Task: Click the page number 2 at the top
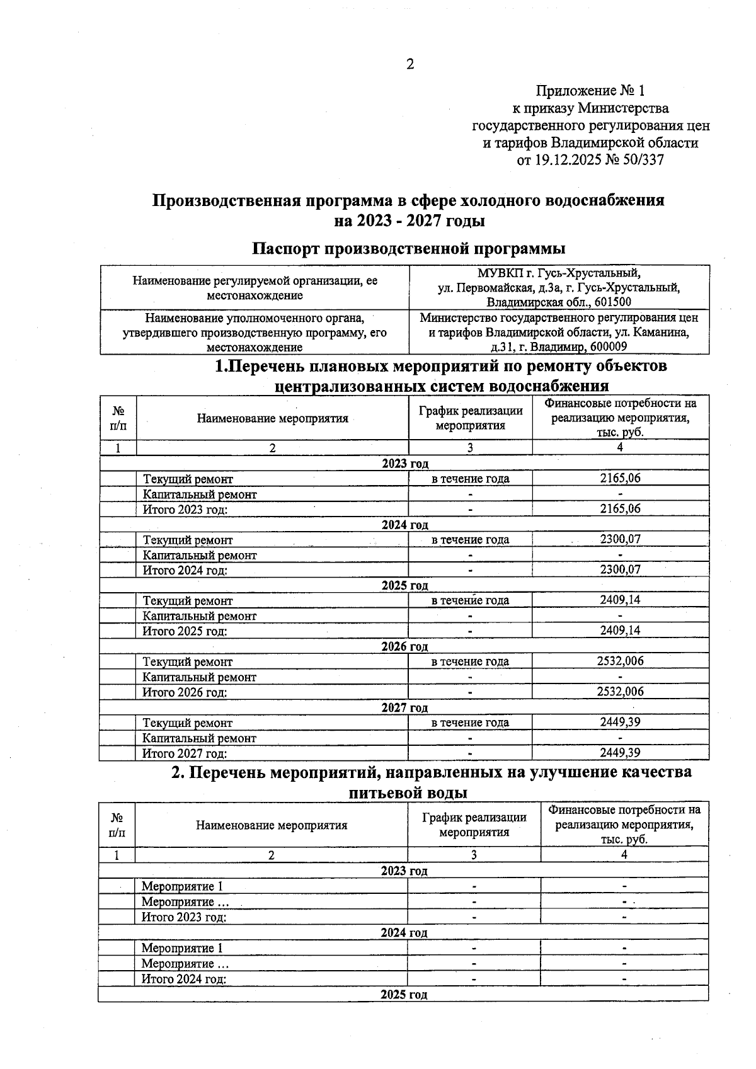pyautogui.click(x=410, y=64)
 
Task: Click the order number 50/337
pyautogui.click(x=642, y=160)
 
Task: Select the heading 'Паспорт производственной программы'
pyautogui.click(x=408, y=248)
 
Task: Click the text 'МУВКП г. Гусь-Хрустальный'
pyautogui.click(x=558, y=273)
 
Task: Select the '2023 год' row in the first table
pyautogui.click(x=405, y=464)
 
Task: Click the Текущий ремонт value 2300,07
pyautogui.click(x=620, y=539)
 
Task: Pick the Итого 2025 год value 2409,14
pyautogui.click(x=620, y=631)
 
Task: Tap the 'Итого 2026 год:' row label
pyautogui.click(x=185, y=692)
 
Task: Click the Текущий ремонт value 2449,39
pyautogui.click(x=620, y=722)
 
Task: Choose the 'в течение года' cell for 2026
pyautogui.click(x=470, y=661)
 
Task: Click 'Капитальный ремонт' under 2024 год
pyautogui.click(x=200, y=555)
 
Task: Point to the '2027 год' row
pyautogui.click(x=404, y=707)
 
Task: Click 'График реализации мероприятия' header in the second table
pyautogui.click(x=474, y=825)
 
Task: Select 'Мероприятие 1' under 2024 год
pyautogui.click(x=182, y=948)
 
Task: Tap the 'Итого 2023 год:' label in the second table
pyautogui.click(x=184, y=917)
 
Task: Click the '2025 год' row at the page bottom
pyautogui.click(x=404, y=995)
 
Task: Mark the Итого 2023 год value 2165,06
pyautogui.click(x=620, y=508)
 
